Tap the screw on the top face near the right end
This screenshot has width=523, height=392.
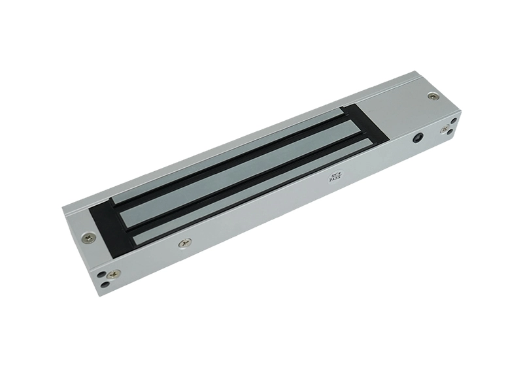[x=433, y=97]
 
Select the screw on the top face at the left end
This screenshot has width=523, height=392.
[x=89, y=238]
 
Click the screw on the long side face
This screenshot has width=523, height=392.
[x=185, y=243]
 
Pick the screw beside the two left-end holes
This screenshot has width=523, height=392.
[x=114, y=274]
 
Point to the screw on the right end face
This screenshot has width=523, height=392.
[x=445, y=129]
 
